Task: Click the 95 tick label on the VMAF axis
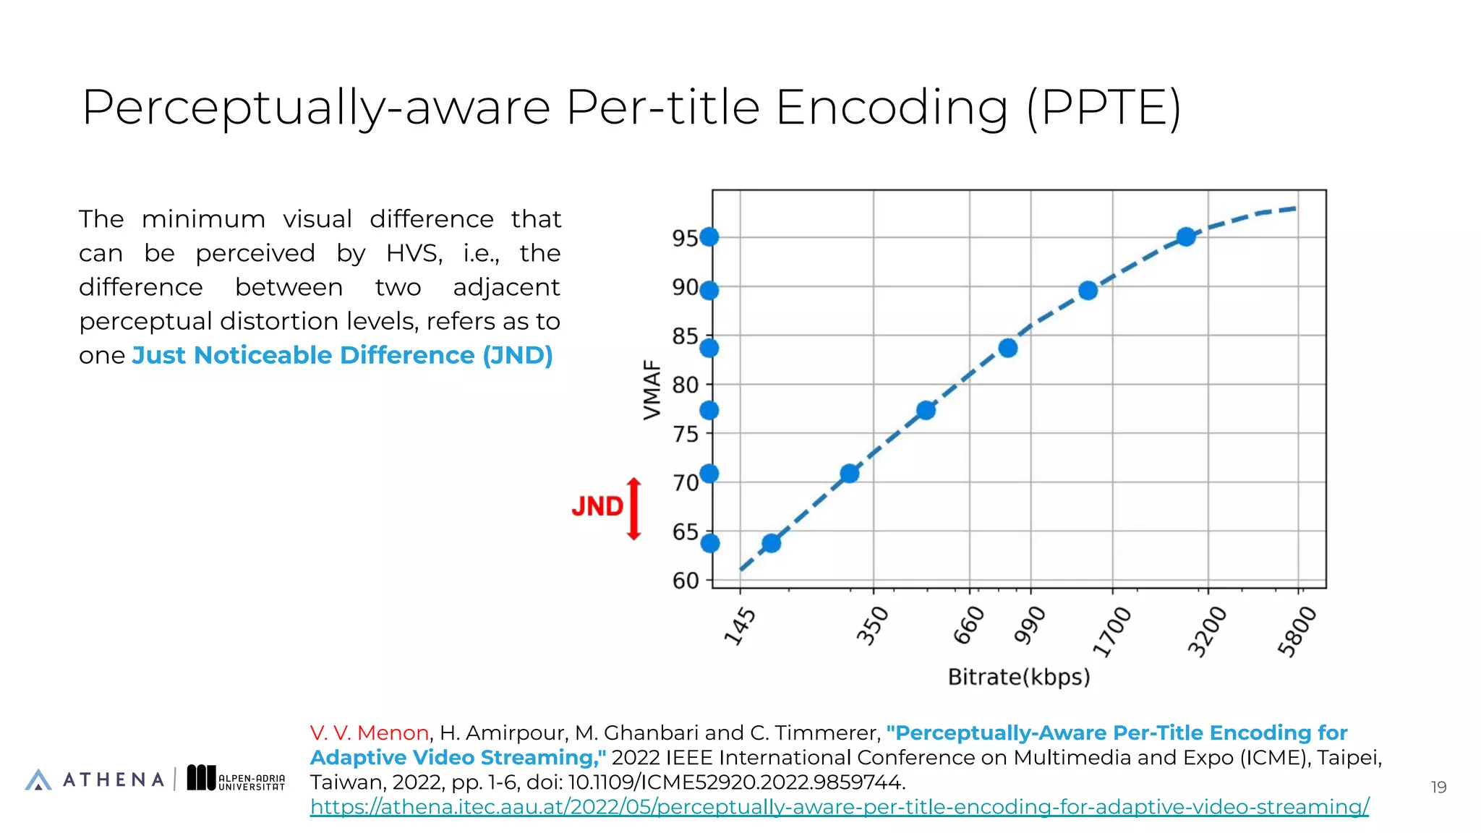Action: point(685,238)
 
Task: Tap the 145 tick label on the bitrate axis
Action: point(740,626)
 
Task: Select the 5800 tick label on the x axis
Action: point(1297,631)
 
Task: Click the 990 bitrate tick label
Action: point(1030,625)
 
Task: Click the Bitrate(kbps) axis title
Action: point(1018,678)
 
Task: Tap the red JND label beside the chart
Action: point(597,506)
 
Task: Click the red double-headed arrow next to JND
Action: point(634,509)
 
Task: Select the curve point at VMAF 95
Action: point(1185,236)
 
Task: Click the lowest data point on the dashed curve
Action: point(771,543)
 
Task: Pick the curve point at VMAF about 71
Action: point(850,474)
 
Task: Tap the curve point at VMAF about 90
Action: point(1088,291)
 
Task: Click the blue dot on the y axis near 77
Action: point(709,411)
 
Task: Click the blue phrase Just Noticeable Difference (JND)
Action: point(342,355)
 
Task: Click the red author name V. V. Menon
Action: point(370,732)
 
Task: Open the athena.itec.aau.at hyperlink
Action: point(839,807)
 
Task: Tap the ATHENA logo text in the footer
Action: point(114,779)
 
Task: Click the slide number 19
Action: point(1438,787)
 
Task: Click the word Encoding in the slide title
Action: point(892,108)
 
